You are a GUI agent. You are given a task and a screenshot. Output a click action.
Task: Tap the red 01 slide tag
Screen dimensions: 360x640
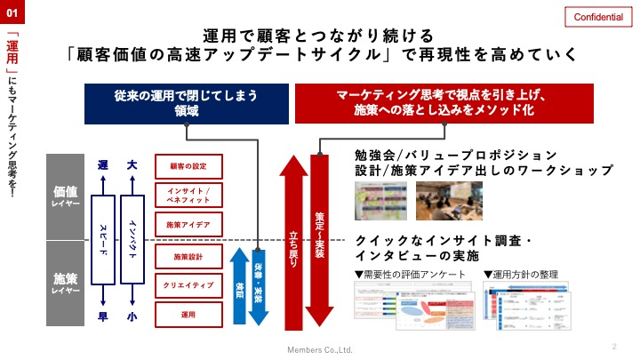[12, 14]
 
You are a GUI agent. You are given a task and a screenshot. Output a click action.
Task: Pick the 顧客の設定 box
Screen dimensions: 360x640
[187, 166]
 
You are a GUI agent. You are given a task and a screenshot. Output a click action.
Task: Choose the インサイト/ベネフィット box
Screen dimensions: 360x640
[187, 196]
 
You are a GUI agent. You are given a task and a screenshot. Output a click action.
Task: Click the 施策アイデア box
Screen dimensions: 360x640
[187, 226]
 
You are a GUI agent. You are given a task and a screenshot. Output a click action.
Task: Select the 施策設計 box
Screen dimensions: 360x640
[187, 256]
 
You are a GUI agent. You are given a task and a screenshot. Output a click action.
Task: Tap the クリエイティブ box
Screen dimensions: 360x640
[187, 285]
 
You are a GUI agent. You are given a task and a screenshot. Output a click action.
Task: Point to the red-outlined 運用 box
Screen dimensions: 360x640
[187, 315]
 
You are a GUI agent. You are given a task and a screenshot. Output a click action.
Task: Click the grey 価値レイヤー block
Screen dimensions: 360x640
[66, 196]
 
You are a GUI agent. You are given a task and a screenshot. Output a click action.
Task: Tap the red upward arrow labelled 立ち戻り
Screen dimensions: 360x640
[294, 240]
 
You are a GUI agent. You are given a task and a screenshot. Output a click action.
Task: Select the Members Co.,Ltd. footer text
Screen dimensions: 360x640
[319, 349]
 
